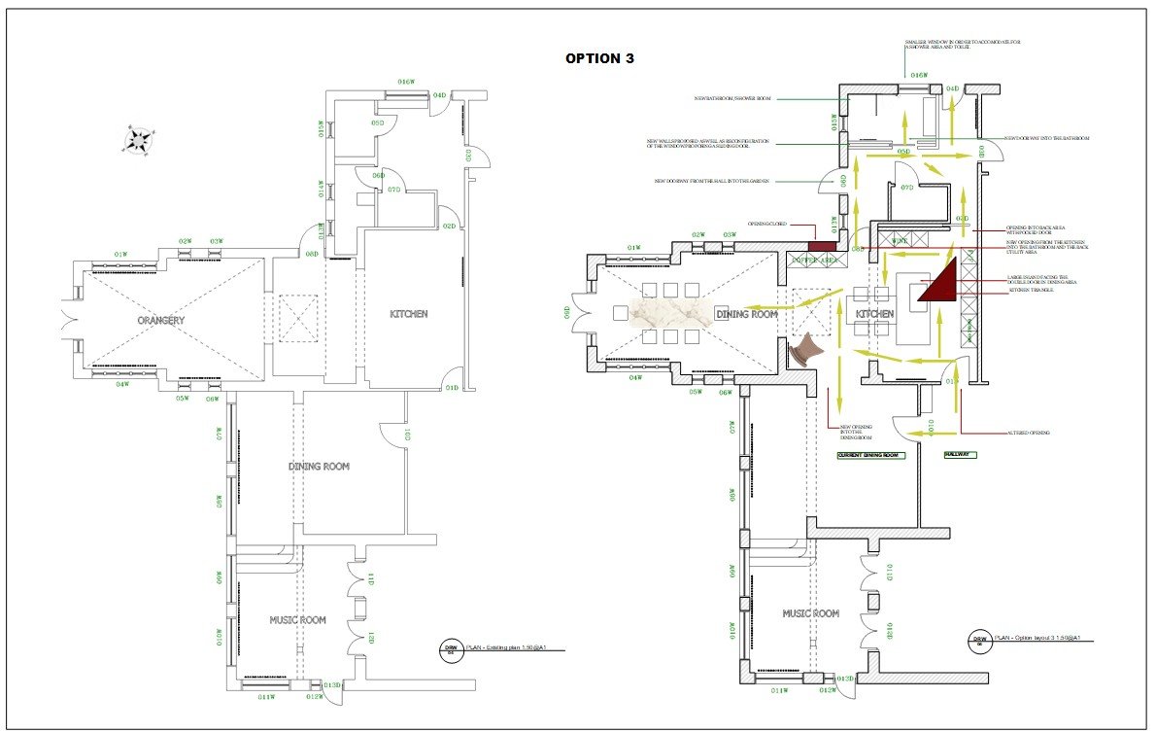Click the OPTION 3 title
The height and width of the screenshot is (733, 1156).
pyautogui.click(x=599, y=58)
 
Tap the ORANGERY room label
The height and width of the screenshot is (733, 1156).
pyautogui.click(x=160, y=320)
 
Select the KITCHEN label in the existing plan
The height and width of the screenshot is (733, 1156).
pyautogui.click(x=408, y=314)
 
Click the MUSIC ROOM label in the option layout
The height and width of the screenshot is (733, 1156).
pyautogui.click(x=811, y=613)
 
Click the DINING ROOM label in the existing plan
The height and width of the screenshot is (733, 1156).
pyautogui.click(x=319, y=467)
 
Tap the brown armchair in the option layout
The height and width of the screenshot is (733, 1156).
pyautogui.click(x=808, y=349)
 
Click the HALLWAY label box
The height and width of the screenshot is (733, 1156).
pyautogui.click(x=961, y=455)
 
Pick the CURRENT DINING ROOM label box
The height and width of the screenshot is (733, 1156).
pyautogui.click(x=871, y=455)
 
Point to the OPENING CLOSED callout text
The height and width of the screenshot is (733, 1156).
pyautogui.click(x=768, y=225)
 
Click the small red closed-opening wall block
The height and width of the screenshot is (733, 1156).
pyautogui.click(x=823, y=249)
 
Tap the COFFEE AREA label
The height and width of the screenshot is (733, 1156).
pyautogui.click(x=816, y=261)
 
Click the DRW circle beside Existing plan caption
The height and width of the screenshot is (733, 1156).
pyautogui.click(x=451, y=648)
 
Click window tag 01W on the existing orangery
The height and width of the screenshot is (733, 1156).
pyautogui.click(x=120, y=255)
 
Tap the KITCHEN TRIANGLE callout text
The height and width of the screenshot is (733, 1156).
pyautogui.click(x=1032, y=291)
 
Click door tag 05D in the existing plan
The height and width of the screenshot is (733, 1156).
pyautogui.click(x=378, y=123)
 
